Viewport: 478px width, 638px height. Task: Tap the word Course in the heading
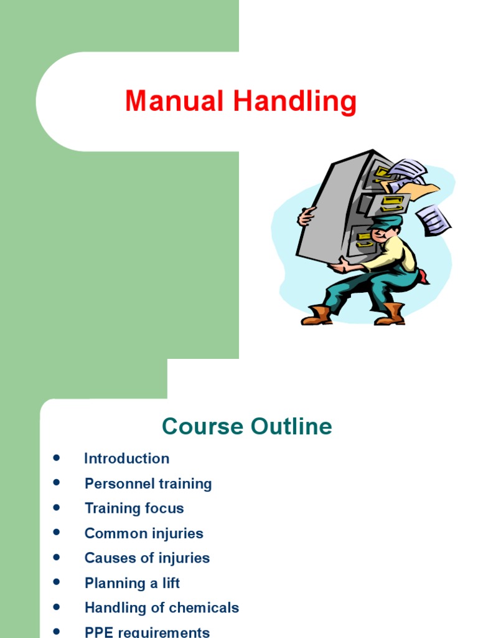point(202,427)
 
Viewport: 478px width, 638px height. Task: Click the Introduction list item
point(126,459)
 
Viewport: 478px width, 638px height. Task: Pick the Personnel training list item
point(148,483)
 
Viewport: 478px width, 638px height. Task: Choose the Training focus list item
point(134,508)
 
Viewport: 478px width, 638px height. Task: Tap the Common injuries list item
point(144,533)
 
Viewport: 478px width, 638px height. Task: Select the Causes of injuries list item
point(147,558)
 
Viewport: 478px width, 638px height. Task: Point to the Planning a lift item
point(132,583)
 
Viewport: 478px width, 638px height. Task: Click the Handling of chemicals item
point(162,608)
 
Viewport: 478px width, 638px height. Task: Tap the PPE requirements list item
point(147,632)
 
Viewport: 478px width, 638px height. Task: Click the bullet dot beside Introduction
point(57,458)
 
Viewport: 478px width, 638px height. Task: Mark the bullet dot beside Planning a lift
point(57,583)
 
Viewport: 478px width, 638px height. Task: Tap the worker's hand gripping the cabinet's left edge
point(306,216)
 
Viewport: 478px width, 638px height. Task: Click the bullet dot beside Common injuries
point(57,533)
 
